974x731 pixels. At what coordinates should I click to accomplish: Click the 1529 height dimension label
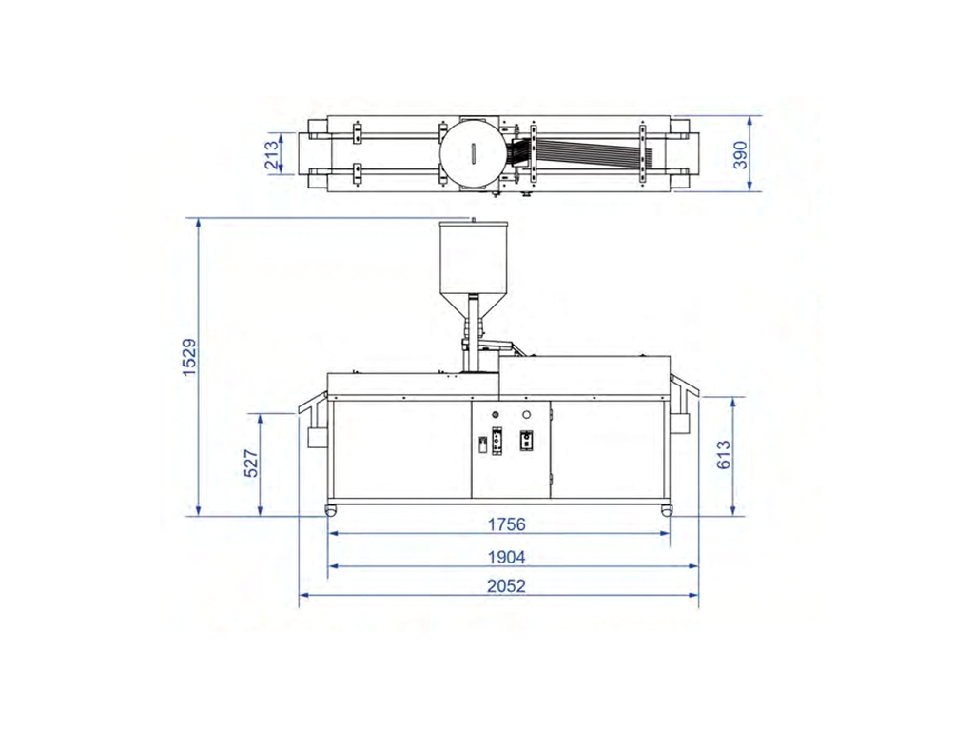coord(189,357)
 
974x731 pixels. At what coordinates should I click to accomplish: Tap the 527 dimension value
coord(251,464)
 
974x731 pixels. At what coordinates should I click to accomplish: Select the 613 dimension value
coord(724,454)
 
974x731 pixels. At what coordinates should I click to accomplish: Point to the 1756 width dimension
coord(506,524)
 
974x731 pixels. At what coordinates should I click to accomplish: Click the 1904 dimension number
coord(506,557)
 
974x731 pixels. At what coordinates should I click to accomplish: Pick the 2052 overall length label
coord(506,585)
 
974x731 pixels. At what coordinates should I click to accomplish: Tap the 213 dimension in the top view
coord(272,155)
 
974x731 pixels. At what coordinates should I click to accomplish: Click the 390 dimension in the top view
coord(740,155)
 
